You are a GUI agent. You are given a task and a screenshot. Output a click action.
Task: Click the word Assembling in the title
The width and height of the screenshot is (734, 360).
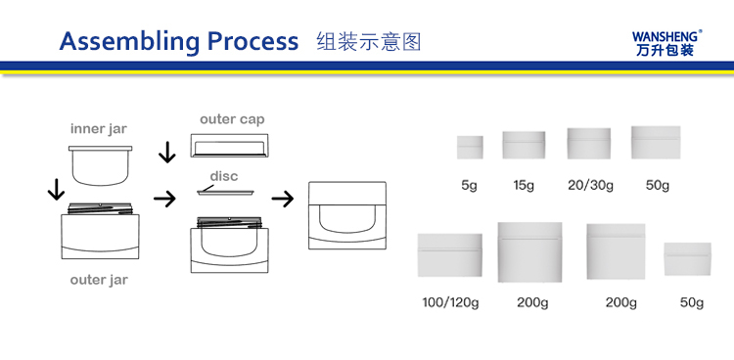(129, 42)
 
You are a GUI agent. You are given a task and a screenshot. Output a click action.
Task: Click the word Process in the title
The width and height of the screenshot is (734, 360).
(252, 41)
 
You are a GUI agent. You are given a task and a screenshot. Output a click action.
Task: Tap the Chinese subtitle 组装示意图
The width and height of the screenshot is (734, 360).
(369, 42)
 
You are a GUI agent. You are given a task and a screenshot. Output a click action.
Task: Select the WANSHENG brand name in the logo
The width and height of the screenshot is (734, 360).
(666, 36)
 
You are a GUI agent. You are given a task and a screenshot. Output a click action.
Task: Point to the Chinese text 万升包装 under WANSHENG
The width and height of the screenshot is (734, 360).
(665, 50)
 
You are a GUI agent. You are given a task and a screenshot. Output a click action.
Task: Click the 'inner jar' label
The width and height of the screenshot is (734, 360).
(99, 129)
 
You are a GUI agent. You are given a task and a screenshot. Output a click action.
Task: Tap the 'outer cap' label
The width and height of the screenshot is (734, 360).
(232, 119)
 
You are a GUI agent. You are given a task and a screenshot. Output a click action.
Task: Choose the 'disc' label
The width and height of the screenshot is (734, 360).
(224, 176)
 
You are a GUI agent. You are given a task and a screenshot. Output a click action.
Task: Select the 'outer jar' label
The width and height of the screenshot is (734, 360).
(99, 280)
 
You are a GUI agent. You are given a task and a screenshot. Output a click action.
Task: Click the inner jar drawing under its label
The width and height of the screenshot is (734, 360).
(100, 165)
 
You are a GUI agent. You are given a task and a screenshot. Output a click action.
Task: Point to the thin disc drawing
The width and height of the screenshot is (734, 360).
(225, 192)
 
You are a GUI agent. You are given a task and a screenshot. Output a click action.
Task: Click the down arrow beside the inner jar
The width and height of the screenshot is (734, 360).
(56, 189)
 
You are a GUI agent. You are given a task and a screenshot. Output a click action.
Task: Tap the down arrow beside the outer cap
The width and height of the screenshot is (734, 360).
(167, 152)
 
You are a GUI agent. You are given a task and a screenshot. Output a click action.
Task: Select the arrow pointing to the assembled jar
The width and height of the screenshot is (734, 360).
(283, 199)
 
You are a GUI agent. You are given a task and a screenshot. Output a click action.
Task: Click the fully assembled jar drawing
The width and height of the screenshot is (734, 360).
(347, 215)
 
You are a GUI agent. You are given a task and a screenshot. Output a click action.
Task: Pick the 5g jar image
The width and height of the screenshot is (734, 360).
(470, 148)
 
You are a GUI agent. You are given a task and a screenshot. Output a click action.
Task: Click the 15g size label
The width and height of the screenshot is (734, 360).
(524, 186)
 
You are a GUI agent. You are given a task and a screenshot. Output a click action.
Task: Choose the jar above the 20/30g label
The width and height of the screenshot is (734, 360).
(589, 143)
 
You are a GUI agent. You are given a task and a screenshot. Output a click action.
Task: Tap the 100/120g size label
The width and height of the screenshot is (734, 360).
(450, 302)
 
